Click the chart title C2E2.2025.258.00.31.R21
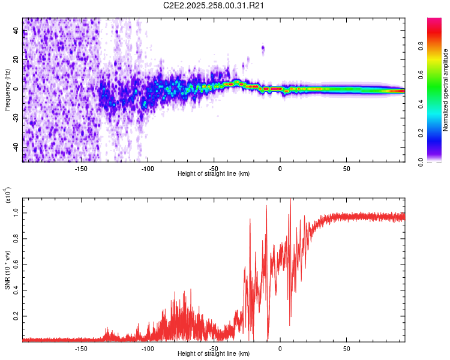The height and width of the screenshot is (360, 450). tap(214, 7)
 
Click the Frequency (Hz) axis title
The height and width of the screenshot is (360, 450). tap(8, 90)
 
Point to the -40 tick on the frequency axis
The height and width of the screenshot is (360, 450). tap(16, 147)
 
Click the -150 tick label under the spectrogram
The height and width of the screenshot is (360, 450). tap(82, 168)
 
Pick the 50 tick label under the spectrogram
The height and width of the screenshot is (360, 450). tap(346, 168)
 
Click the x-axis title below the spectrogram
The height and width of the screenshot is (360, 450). tap(214, 174)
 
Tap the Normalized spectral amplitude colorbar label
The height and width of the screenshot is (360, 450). tap(445, 90)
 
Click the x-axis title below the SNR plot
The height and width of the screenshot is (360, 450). tap(214, 354)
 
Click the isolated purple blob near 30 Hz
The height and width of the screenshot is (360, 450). tap(263, 48)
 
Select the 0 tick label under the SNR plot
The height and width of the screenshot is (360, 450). tap(280, 348)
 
